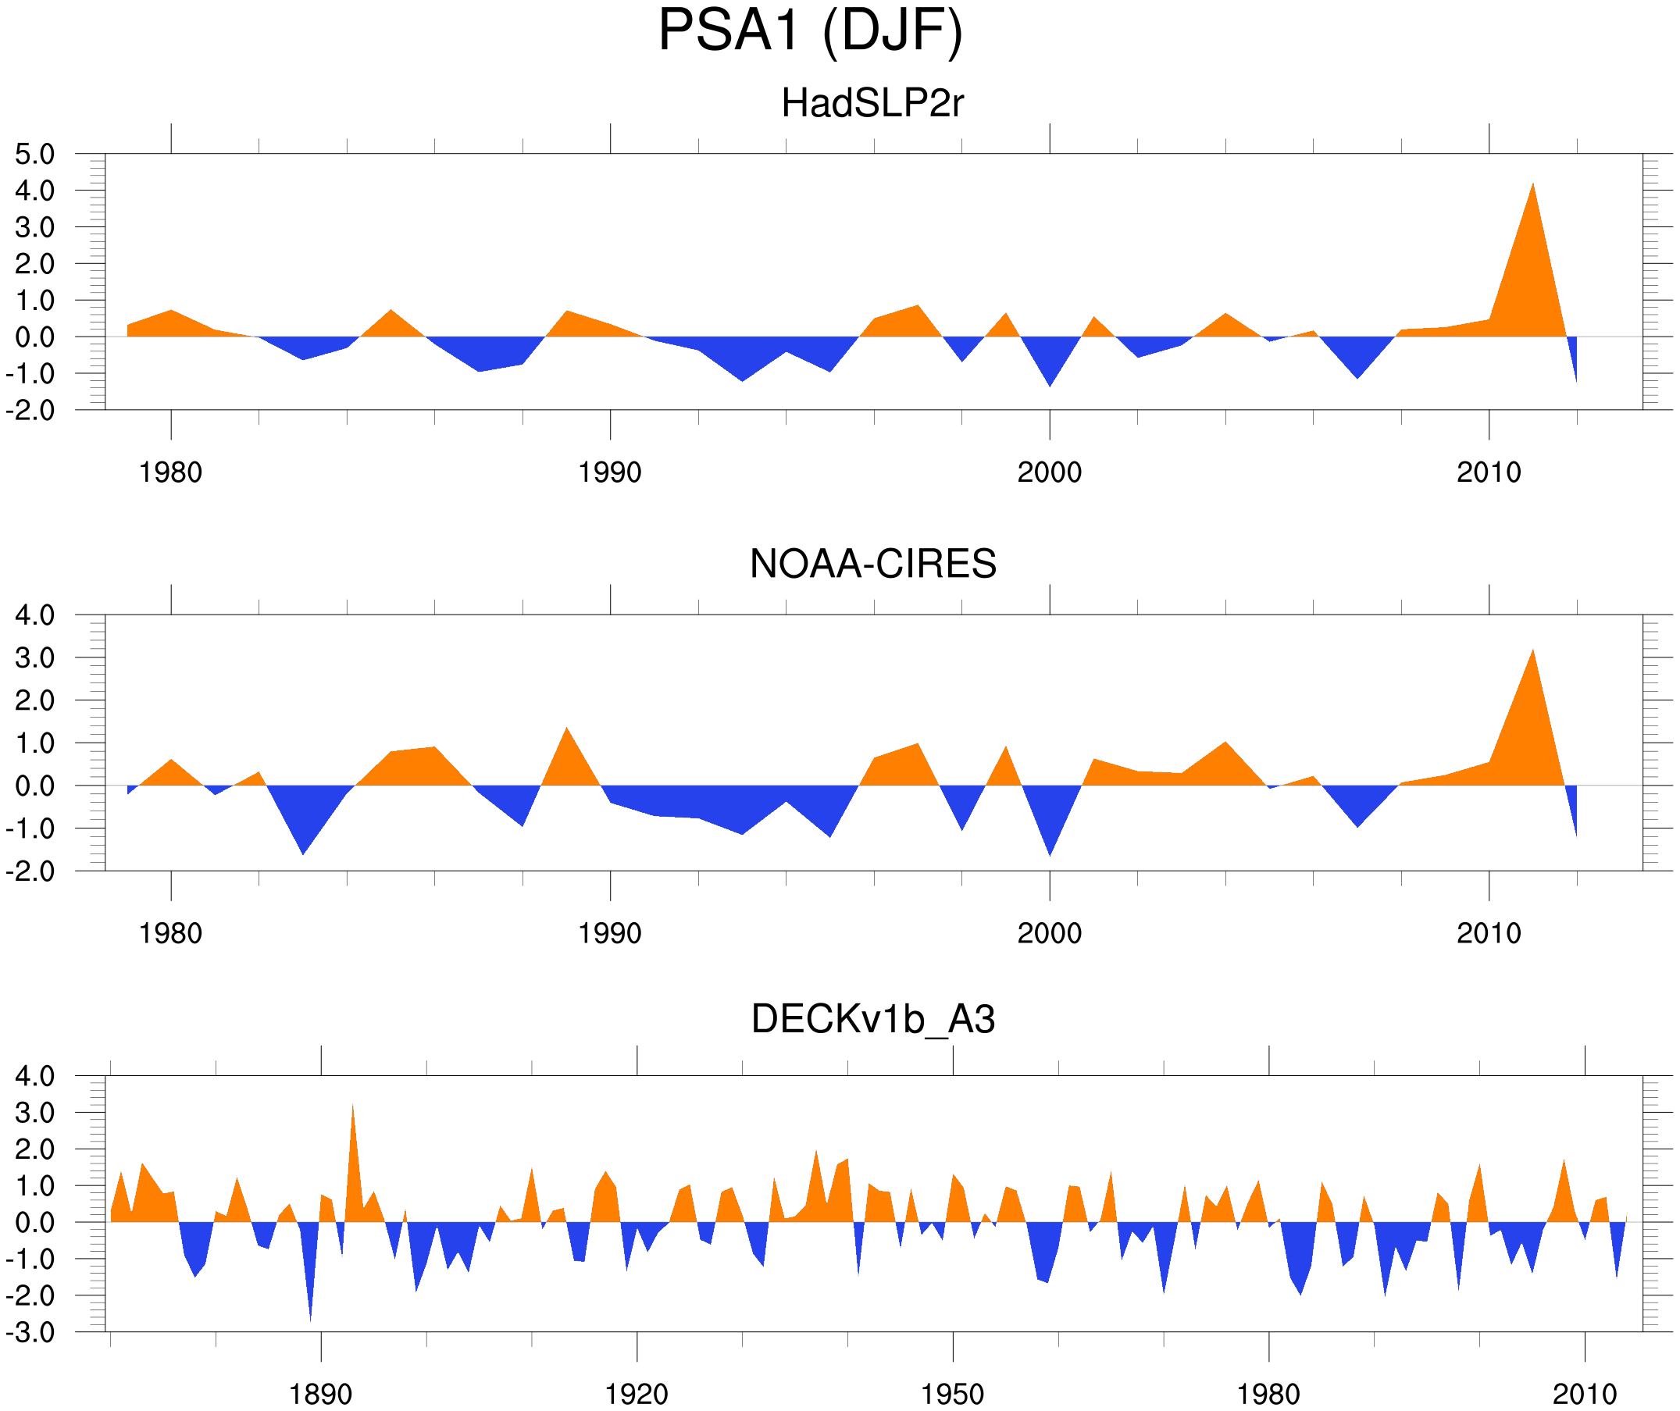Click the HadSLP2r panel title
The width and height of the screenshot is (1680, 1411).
click(x=872, y=104)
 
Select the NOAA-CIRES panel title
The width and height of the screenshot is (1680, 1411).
click(x=872, y=564)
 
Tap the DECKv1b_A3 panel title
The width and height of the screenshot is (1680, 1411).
click(x=872, y=1019)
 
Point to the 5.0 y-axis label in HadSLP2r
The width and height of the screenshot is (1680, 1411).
click(x=35, y=155)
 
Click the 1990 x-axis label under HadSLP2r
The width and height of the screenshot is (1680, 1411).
click(x=610, y=472)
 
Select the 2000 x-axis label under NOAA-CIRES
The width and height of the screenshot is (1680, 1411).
click(x=1049, y=933)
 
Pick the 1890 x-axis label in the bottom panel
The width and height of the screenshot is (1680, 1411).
click(x=320, y=1394)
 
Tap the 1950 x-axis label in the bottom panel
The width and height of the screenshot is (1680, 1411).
click(x=952, y=1394)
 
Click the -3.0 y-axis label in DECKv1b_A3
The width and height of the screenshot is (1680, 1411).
click(x=31, y=1333)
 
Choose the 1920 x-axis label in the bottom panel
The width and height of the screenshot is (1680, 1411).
click(x=636, y=1394)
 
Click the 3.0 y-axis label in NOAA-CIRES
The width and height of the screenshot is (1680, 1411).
click(x=35, y=658)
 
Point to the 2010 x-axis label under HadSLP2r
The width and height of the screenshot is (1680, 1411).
click(x=1488, y=472)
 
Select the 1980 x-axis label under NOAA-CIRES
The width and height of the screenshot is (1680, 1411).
click(x=170, y=933)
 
